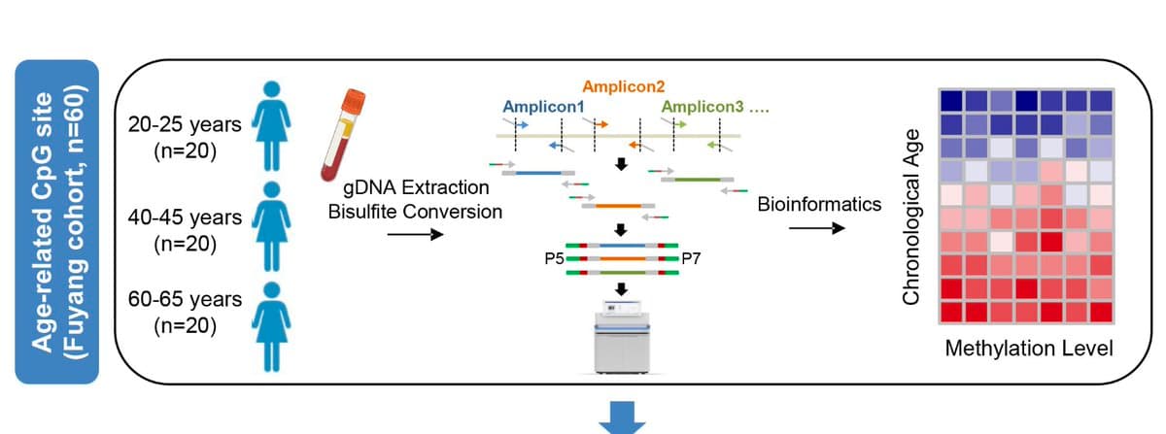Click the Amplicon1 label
coord(544,106)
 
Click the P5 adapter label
coord(554,259)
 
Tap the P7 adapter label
coord(692,259)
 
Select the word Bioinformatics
coord(819,204)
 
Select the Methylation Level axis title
coord(1028,348)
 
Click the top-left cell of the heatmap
coord(951,100)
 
